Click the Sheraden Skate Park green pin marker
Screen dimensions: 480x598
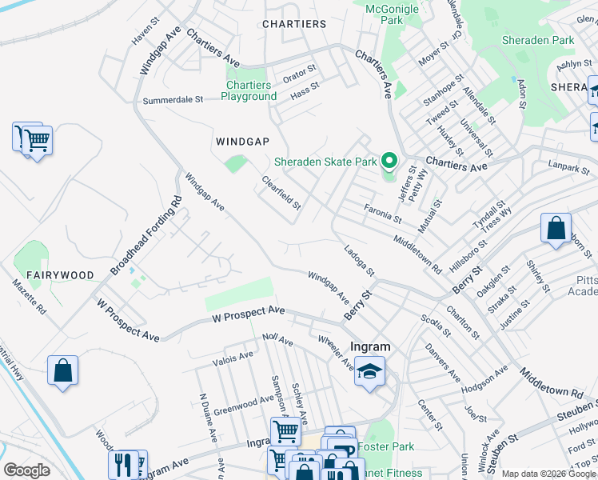[389, 161]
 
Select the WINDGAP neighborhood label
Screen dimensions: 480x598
[242, 141]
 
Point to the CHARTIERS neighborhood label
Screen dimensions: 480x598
[294, 24]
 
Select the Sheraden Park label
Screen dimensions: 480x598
[537, 40]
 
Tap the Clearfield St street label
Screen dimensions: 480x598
[281, 194]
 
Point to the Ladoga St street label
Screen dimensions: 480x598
[360, 260]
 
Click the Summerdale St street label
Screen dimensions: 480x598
[173, 100]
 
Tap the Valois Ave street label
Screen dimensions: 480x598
[233, 358]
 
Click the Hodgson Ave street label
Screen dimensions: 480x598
[485, 378]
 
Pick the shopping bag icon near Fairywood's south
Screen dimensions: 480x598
[62, 372]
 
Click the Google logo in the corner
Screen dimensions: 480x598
[26, 470]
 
